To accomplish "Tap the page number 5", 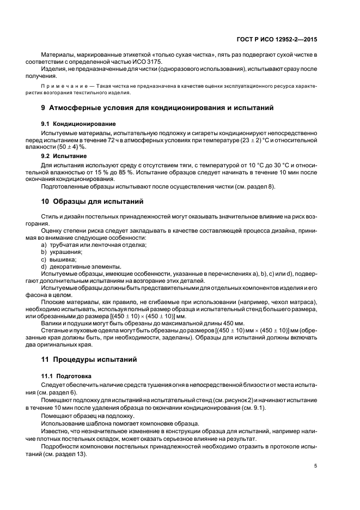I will pyautogui.click(x=316, y=466).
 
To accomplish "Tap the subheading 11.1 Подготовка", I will pyautogui.click(x=67, y=377).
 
